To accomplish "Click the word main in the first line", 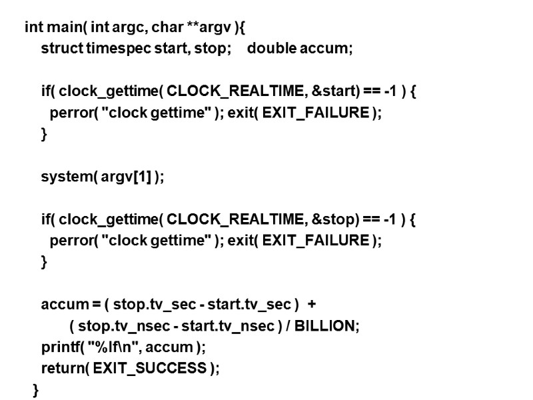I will [62, 28].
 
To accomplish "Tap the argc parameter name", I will [129, 28].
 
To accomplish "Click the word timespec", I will [113, 49].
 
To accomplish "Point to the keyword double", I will [268, 49].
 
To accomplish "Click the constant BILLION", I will [325, 326].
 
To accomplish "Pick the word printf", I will [59, 347].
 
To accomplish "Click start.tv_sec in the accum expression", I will [249, 305].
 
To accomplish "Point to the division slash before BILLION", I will [287, 326].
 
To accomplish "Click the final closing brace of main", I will [36, 390].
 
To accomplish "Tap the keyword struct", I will [62, 49].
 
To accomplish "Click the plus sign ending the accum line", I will [312, 305].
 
